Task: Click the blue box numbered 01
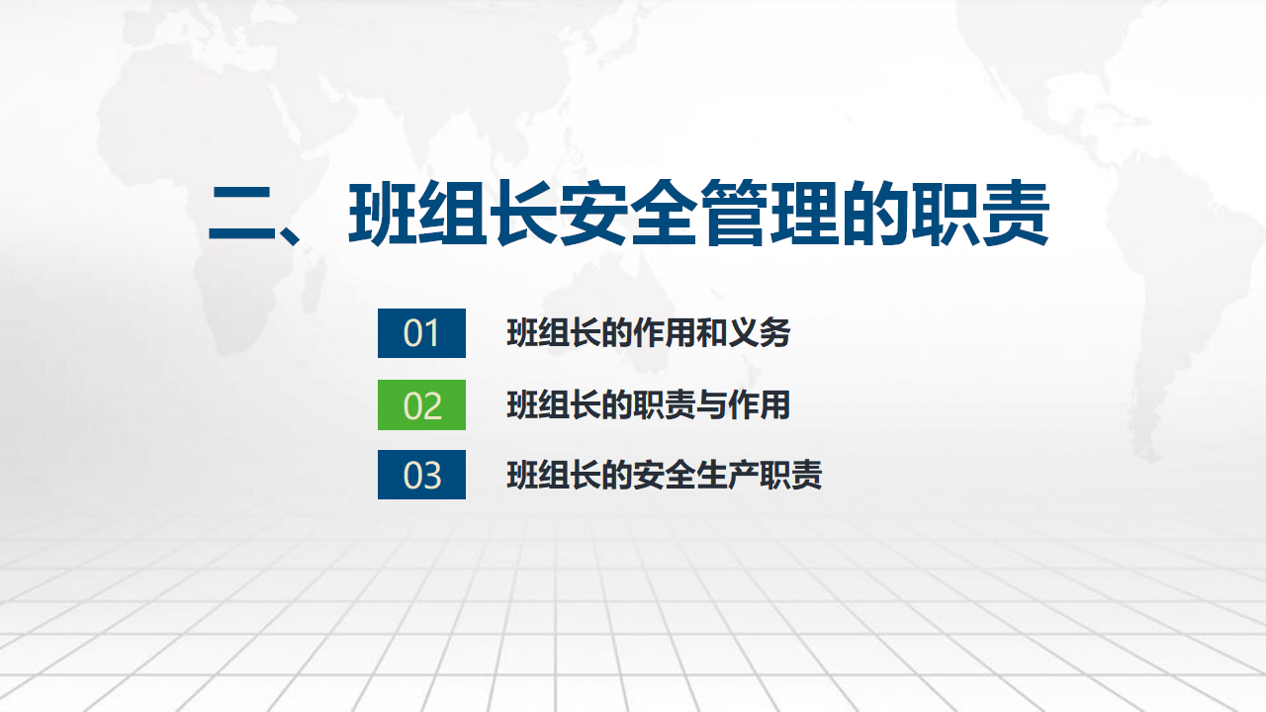[x=421, y=333]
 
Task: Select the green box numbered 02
[x=421, y=404]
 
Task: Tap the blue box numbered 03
[x=421, y=475]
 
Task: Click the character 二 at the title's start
[x=242, y=214]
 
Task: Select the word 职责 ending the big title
[x=980, y=213]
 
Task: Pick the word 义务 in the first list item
[x=759, y=333]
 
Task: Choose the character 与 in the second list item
[x=711, y=405]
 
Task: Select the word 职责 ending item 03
[x=790, y=475]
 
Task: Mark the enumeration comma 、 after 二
[x=290, y=234]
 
